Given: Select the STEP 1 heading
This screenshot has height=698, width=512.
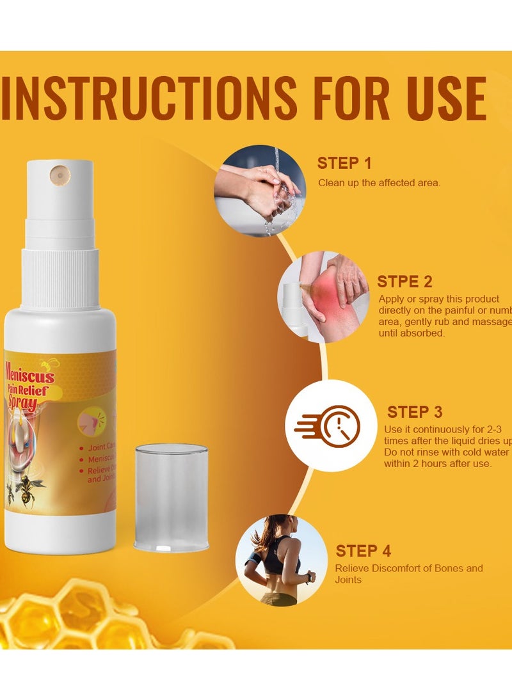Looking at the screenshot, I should [344, 163].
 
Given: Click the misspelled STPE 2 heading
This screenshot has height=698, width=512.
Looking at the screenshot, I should [404, 282].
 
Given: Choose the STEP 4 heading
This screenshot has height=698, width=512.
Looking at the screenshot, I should [364, 551].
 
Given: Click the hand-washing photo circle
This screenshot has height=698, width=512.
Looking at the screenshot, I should [259, 191].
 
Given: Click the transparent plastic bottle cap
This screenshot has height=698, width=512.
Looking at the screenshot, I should [172, 498].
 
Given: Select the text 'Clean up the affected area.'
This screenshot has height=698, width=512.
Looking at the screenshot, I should [380, 183].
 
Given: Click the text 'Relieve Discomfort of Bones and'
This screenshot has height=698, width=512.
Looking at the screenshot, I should [409, 568].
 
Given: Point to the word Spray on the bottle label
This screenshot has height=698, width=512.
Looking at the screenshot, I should [22, 404].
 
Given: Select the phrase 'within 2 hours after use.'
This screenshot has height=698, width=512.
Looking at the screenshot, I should [438, 463].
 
